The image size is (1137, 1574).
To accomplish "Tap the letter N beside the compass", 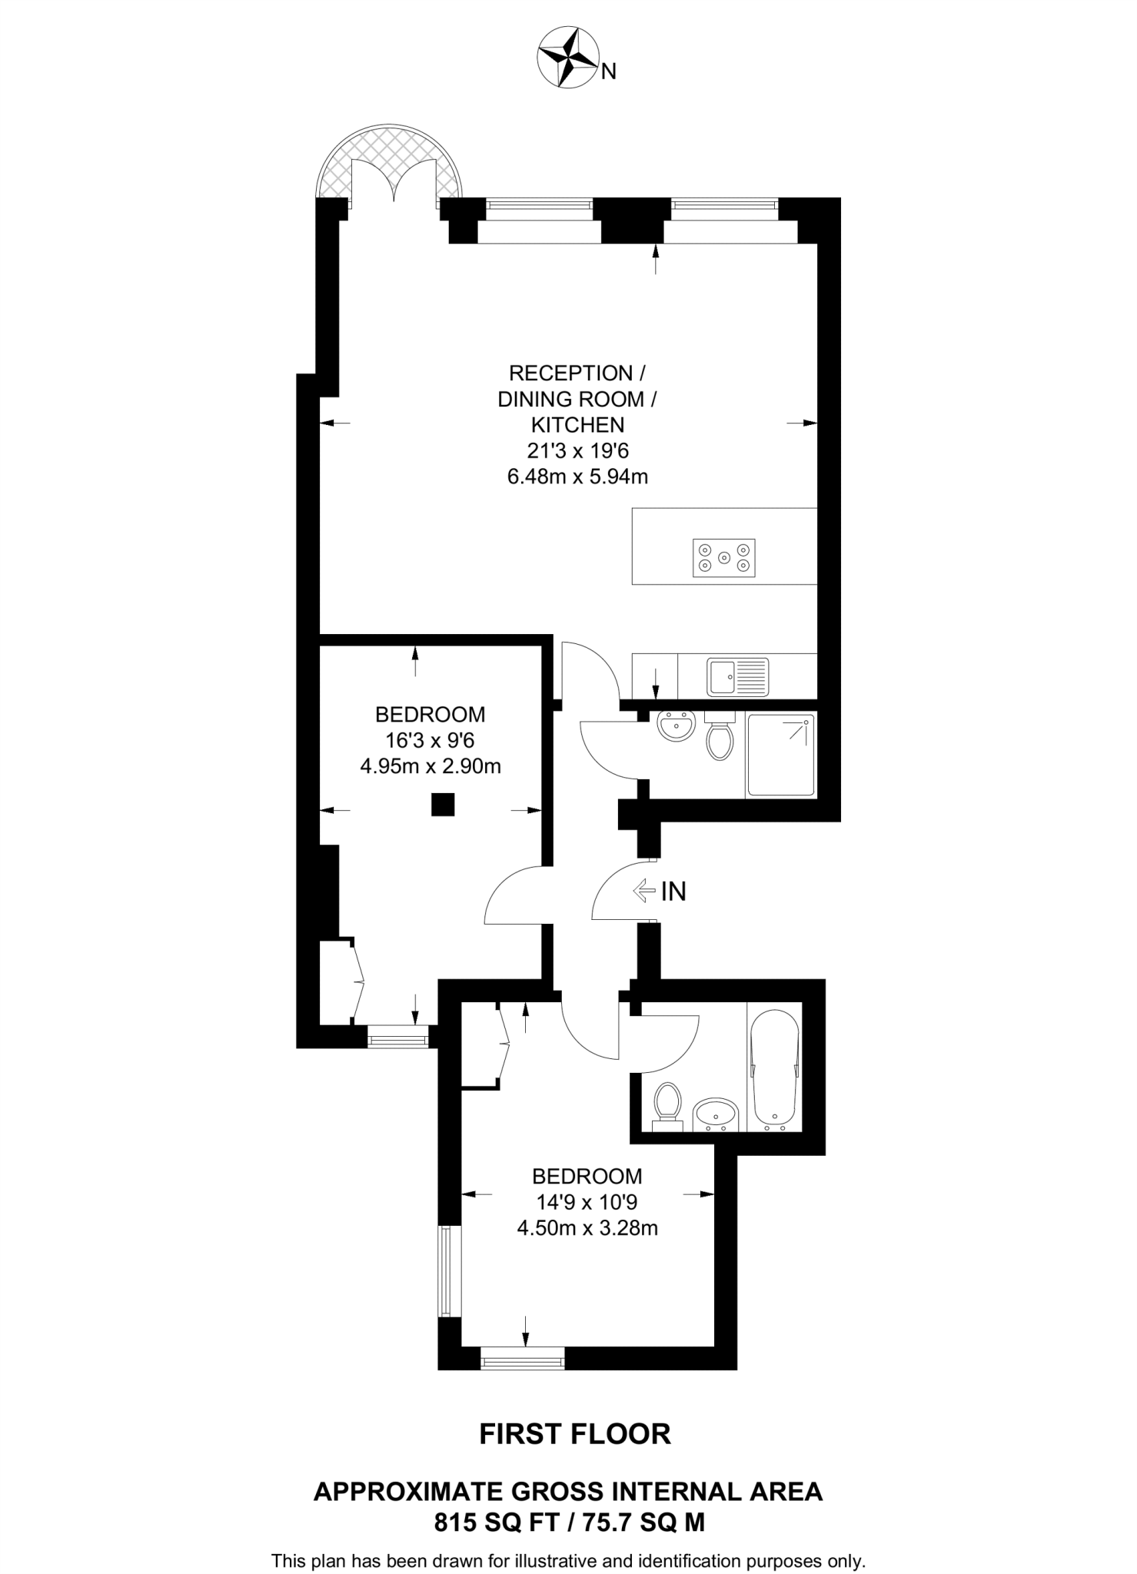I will coord(609,71).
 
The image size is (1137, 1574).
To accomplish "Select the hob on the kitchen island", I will coord(723,557).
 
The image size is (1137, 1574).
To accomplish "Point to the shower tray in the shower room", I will coord(780,755).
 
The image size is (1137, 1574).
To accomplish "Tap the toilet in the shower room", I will coord(720,738).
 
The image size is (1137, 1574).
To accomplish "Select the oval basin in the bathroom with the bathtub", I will coord(716,1114).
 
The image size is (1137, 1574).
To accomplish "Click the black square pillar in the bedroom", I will coord(443,805).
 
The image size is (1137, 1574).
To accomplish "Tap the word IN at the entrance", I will coord(673,892).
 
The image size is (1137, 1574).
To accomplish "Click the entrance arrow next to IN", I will coord(642,891).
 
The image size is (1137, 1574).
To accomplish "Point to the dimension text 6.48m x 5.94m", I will coord(577,477).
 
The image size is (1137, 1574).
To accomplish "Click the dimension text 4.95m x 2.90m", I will coord(431,766).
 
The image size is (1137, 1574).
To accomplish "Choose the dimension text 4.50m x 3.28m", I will coord(587,1228).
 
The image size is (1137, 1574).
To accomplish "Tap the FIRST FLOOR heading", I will coord(575,1434).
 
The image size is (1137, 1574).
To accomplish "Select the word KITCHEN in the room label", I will coord(577,424).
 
